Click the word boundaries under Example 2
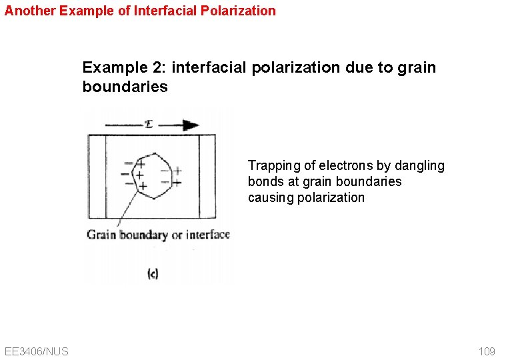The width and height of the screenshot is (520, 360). pos(125,87)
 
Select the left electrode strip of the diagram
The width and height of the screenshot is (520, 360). pos(97,177)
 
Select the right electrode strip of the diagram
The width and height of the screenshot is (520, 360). pos(207,177)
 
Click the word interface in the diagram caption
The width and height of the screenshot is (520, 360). pos(208,234)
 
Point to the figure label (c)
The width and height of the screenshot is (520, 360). pos(153,273)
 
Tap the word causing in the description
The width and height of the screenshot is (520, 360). pos(269,197)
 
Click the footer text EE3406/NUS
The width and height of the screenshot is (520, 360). pos(36,351)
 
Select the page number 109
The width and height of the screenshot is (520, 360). pos(487,351)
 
